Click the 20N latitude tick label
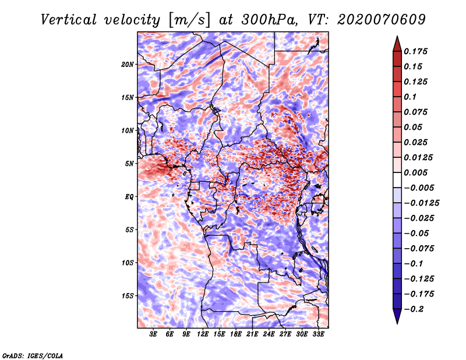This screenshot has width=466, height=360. pyautogui.click(x=128, y=64)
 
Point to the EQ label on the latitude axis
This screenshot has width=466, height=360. pyautogui.click(x=129, y=196)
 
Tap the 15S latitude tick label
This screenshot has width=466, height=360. pyautogui.click(x=128, y=296)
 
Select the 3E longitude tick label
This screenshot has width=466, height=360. pyautogui.click(x=153, y=334)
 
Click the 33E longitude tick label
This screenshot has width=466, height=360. pyautogui.click(x=318, y=334)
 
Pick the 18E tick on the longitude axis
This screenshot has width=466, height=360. pyautogui.click(x=236, y=334)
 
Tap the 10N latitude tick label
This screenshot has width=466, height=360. pyautogui.click(x=128, y=130)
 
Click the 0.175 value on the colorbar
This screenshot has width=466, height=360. pyautogui.click(x=415, y=51)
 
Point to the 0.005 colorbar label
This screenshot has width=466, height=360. pyautogui.click(x=415, y=172)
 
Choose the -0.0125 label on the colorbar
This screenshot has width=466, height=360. pyautogui.click(x=421, y=203)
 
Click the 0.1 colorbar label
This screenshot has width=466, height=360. pyautogui.click(x=410, y=97)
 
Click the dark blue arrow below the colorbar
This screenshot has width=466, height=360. pyautogui.click(x=397, y=316)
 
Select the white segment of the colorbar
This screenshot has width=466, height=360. pyautogui.click(x=397, y=180)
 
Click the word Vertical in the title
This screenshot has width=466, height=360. pyautogui.click(x=69, y=20)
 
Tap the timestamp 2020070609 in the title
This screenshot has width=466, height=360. pyautogui.click(x=382, y=20)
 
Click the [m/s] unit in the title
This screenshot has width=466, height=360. pyautogui.click(x=189, y=20)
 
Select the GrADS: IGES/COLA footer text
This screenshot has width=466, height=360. pyautogui.click(x=33, y=355)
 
